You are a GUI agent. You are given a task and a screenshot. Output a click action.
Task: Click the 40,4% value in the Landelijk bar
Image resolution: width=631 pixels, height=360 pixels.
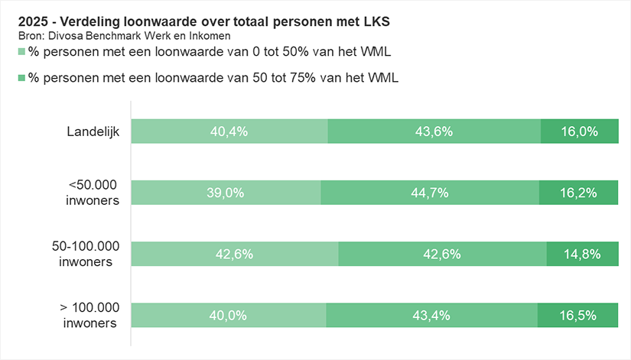[x=229, y=131]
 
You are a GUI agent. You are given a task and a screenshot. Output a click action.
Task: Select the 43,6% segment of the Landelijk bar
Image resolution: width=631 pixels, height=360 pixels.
[x=434, y=131]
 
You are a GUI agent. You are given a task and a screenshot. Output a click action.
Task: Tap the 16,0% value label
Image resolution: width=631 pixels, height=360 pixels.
[x=579, y=131]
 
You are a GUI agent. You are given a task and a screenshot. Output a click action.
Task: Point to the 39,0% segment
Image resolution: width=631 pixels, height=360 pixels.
[x=226, y=193]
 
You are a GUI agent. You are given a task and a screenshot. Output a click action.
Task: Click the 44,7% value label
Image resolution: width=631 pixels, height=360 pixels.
[x=430, y=193]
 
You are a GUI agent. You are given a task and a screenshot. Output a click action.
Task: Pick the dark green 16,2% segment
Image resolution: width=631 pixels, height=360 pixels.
[x=578, y=193]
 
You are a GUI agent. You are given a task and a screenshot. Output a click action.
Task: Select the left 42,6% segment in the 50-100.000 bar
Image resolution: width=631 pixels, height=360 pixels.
[x=234, y=254]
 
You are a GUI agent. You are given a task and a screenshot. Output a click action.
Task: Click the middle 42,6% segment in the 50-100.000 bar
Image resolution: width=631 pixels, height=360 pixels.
[x=442, y=254]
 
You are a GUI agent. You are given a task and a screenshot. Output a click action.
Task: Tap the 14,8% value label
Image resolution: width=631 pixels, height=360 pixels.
[x=582, y=254]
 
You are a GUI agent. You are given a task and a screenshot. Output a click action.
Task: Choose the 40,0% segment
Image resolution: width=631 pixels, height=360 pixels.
[x=228, y=315]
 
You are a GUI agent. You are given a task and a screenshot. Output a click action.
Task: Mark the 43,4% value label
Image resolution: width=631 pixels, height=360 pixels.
[x=431, y=315]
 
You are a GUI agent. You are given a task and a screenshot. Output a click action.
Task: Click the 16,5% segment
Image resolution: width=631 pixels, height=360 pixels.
[x=578, y=315]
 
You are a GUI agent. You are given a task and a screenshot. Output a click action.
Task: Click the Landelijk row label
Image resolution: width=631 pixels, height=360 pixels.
[x=92, y=131]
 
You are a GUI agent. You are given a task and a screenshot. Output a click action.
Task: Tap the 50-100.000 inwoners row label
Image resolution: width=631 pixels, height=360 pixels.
[x=86, y=254]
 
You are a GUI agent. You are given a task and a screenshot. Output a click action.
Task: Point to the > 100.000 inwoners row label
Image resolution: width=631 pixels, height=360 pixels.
[x=89, y=315]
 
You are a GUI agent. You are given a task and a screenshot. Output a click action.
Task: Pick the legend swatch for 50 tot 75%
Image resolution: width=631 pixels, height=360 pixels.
[x=21, y=78]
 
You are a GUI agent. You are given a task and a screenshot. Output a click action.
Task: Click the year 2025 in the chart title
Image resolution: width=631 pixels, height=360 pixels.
[x=32, y=22]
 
